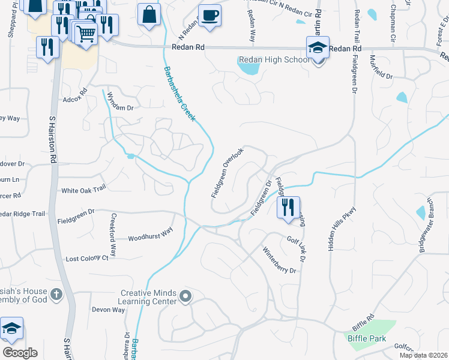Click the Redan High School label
click(x=274, y=59)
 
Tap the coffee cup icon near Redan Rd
click(x=209, y=15)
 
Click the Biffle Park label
click(x=366, y=338)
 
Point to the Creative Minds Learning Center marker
click(x=185, y=295)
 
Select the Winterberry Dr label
click(x=280, y=259)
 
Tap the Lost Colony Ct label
click(x=87, y=258)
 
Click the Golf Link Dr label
click(x=297, y=248)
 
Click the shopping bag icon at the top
click(x=148, y=15)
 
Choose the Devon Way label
click(x=108, y=310)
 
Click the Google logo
click(x=20, y=353)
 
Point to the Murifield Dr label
click(x=381, y=67)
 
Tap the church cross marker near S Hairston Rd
click(x=56, y=294)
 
